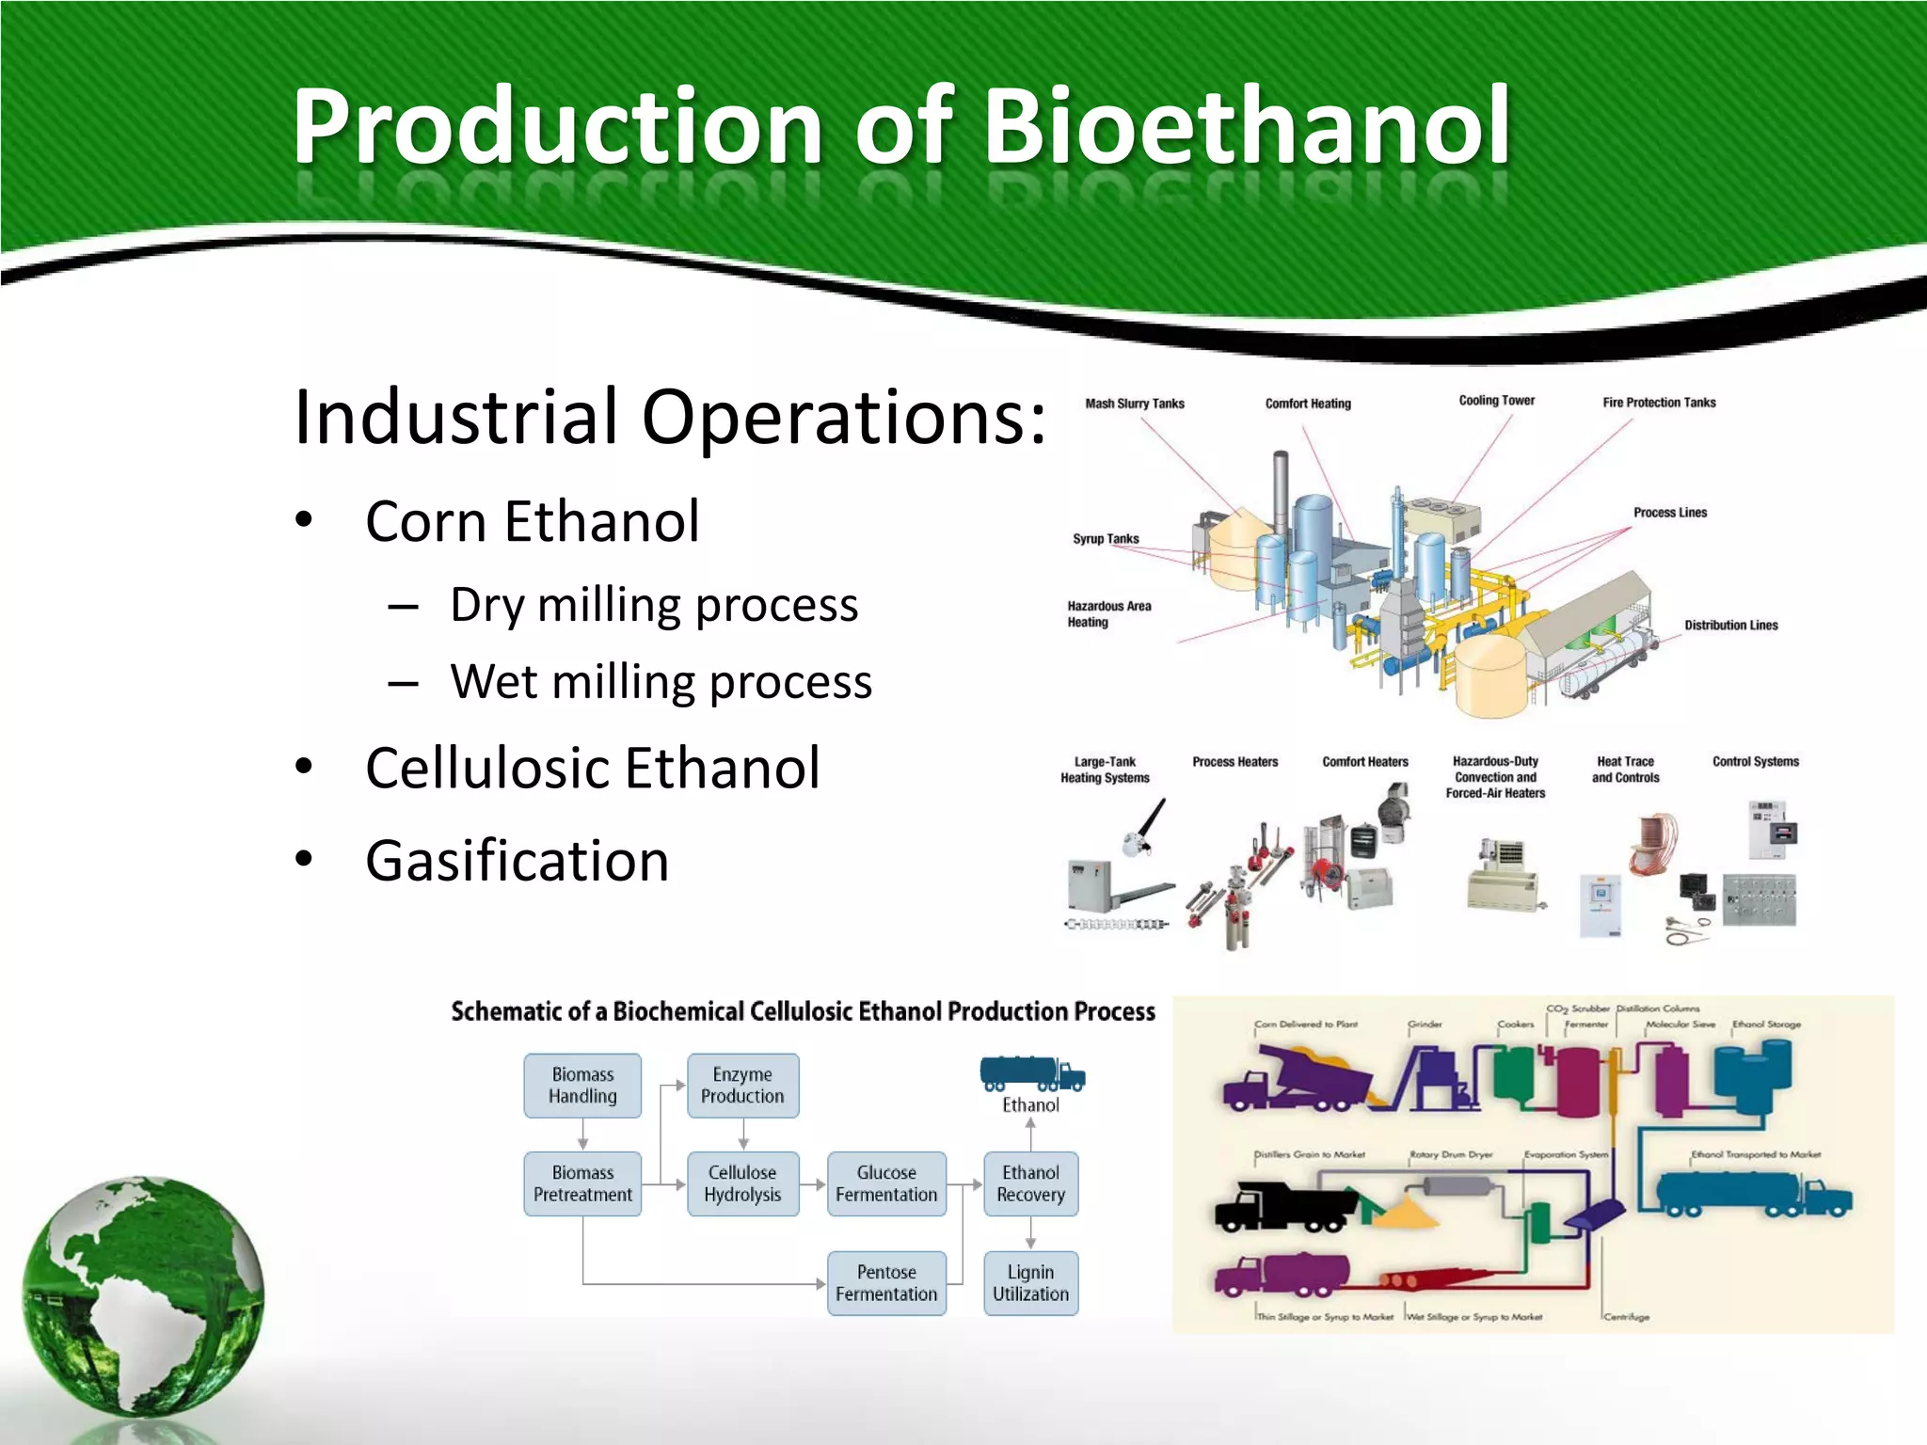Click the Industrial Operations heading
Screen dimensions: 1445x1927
669,417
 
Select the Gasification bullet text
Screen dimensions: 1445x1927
517,861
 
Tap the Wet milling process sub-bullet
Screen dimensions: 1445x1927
661,682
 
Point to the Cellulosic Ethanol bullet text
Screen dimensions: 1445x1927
592,768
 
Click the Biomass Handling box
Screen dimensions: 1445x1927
582,1086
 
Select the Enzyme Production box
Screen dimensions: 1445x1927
742,1086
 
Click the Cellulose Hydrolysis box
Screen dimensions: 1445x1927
742,1183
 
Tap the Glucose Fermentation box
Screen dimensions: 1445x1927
886,1183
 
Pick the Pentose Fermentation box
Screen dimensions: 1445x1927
886,1283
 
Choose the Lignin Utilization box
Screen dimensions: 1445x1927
1030,1283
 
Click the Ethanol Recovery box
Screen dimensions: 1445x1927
1030,1183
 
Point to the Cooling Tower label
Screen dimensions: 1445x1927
1496,401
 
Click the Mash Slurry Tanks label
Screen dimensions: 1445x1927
1134,404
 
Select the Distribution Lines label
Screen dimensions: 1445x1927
1730,626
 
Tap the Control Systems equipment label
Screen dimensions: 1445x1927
1755,762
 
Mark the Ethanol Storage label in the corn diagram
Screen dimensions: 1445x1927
1766,1024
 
